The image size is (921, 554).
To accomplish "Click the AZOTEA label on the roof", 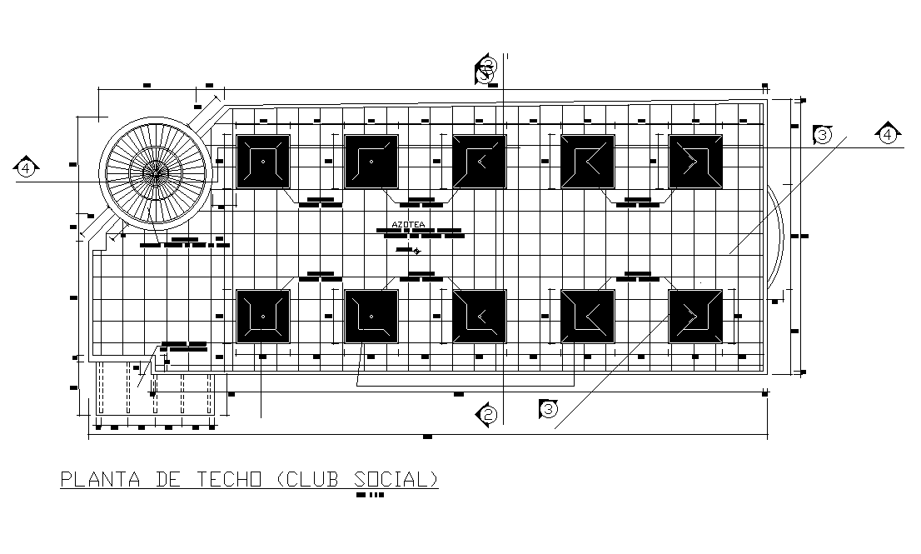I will (x=408, y=224).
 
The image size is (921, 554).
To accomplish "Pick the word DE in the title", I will (x=167, y=480).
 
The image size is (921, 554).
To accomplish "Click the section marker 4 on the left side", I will (x=27, y=168).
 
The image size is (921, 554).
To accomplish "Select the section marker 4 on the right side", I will (x=889, y=133).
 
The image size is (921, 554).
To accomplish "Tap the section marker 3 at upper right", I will (x=822, y=134).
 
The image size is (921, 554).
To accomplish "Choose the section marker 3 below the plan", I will (x=548, y=408).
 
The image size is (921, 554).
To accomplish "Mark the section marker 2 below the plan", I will (x=488, y=413).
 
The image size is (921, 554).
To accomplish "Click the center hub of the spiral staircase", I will (x=155, y=172).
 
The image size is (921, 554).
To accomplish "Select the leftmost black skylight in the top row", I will (x=263, y=162).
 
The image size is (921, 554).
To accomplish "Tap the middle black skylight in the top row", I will (x=479, y=162).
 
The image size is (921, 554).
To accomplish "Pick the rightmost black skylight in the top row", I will (x=695, y=162).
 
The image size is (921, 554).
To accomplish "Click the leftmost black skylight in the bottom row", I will (x=263, y=316).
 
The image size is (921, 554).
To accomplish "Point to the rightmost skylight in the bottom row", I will (x=695, y=316).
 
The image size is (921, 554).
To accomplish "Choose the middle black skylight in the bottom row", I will (x=479, y=316).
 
